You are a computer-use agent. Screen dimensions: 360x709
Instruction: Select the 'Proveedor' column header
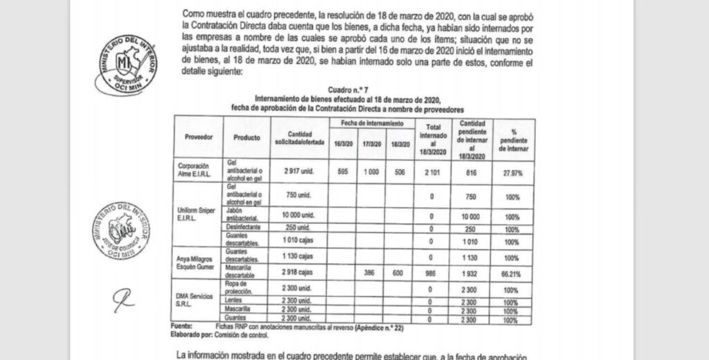(199, 137)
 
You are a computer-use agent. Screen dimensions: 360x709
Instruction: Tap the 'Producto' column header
(246, 137)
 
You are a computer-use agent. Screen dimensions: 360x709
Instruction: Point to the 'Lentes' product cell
(237, 302)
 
